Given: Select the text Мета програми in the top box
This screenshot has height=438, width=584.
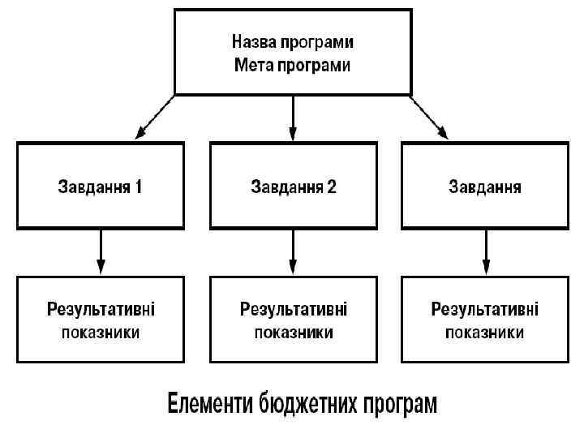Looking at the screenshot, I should tap(293, 66).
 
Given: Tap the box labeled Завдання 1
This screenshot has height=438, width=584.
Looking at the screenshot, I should tap(101, 186).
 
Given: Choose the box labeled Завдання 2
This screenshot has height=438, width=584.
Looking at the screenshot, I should tap(293, 186).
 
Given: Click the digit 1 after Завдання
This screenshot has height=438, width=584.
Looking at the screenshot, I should tap(139, 187).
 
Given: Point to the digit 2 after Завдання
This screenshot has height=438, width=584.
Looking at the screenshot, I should tap(331, 187).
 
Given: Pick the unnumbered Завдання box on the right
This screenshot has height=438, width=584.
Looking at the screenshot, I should tap(485, 186).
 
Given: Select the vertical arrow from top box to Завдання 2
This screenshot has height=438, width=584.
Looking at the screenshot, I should tap(293, 117).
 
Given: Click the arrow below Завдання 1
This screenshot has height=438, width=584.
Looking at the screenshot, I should tap(101, 251).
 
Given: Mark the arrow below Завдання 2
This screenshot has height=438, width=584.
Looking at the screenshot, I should tap(293, 251).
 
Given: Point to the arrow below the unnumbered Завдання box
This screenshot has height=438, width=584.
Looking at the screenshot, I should tap(485, 251).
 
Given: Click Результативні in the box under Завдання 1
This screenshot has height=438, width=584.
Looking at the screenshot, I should tap(101, 309).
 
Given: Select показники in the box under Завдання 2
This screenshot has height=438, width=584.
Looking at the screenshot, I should tap(293, 333).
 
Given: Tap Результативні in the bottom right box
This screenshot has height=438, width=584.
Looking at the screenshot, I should tap(485, 309).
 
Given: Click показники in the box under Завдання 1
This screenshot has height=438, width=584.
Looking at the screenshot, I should tap(101, 333).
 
